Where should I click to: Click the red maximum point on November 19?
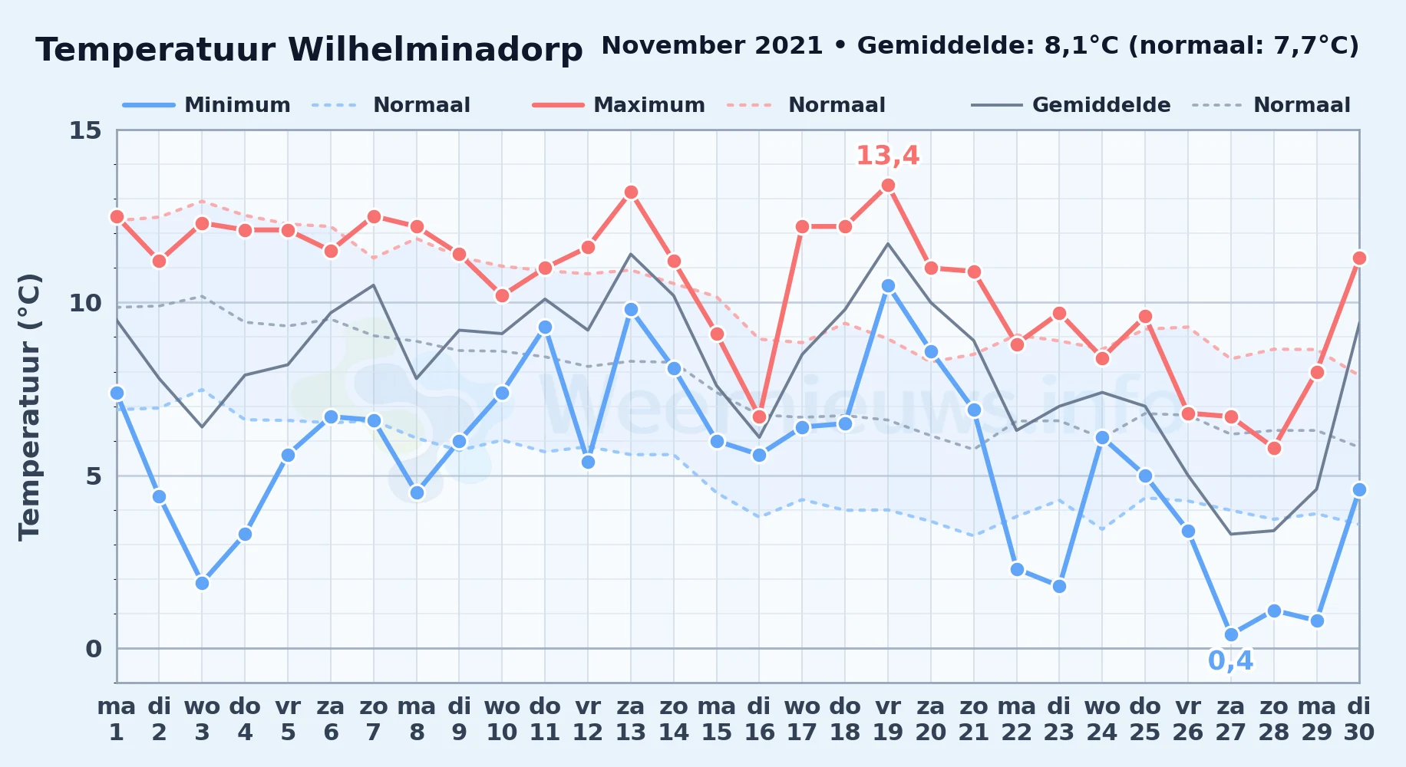click(888, 185)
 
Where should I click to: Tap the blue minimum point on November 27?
click(1231, 634)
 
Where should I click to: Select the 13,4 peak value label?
click(888, 156)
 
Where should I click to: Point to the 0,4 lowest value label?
click(1231, 660)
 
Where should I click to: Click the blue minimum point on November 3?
click(202, 583)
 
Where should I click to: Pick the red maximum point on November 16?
click(759, 416)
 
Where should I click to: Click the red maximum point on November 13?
click(631, 192)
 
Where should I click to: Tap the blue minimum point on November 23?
click(1059, 586)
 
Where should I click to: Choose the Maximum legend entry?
click(619, 105)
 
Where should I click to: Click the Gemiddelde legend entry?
click(1071, 105)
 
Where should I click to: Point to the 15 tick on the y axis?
click(85, 130)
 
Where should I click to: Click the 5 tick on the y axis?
click(93, 476)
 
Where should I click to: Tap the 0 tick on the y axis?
click(93, 649)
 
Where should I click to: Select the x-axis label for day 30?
click(1359, 719)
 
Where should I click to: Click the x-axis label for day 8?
click(417, 719)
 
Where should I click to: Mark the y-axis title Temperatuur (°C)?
click(29, 407)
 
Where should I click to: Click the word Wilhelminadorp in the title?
click(435, 50)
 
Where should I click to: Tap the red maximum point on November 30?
click(1359, 258)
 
